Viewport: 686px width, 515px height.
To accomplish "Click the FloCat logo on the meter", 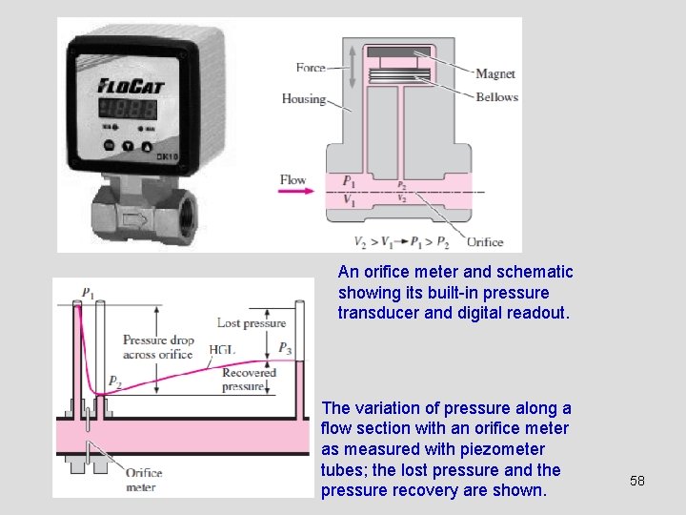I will pos(131,86).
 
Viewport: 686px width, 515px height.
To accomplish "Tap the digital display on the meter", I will pos(131,106).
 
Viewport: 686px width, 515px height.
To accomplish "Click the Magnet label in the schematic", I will pos(494,74).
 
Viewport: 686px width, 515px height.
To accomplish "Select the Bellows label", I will pos(496,96).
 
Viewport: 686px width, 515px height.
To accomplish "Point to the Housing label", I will pos(303,98).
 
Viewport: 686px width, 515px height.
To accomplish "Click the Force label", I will pos(311,68).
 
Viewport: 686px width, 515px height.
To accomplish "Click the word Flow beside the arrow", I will pos(293,179).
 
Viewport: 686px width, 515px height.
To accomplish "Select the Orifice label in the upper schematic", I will pos(485,241).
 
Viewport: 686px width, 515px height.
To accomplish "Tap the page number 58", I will pos(637,481).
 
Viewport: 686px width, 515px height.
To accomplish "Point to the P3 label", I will pos(286,348).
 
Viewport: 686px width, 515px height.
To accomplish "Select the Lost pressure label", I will pos(252,323).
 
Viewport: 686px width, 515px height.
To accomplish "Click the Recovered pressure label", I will pos(249,380).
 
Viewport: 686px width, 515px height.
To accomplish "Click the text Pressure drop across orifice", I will pos(158,347).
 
